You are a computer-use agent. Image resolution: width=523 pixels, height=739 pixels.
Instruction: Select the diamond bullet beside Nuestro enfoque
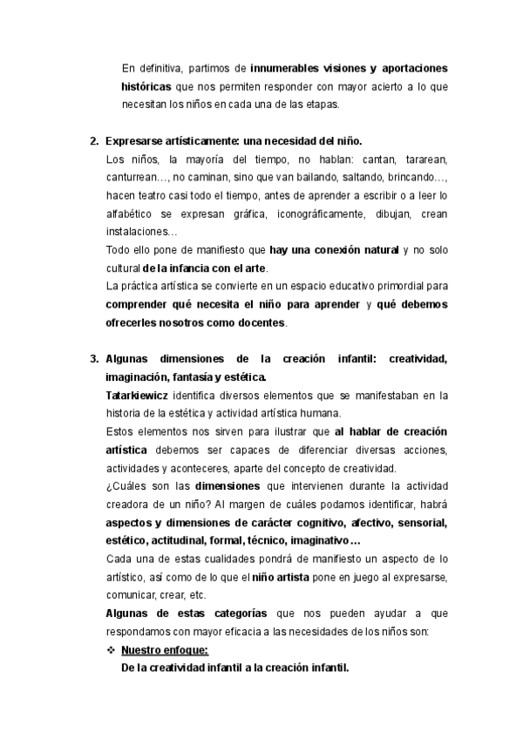[x=110, y=650]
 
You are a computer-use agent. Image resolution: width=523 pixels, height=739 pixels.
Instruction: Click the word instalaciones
[x=138, y=232]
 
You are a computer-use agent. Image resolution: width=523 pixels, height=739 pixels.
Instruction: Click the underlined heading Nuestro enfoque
[x=166, y=650]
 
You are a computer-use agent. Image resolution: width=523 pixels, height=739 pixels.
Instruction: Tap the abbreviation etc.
[x=197, y=595]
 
